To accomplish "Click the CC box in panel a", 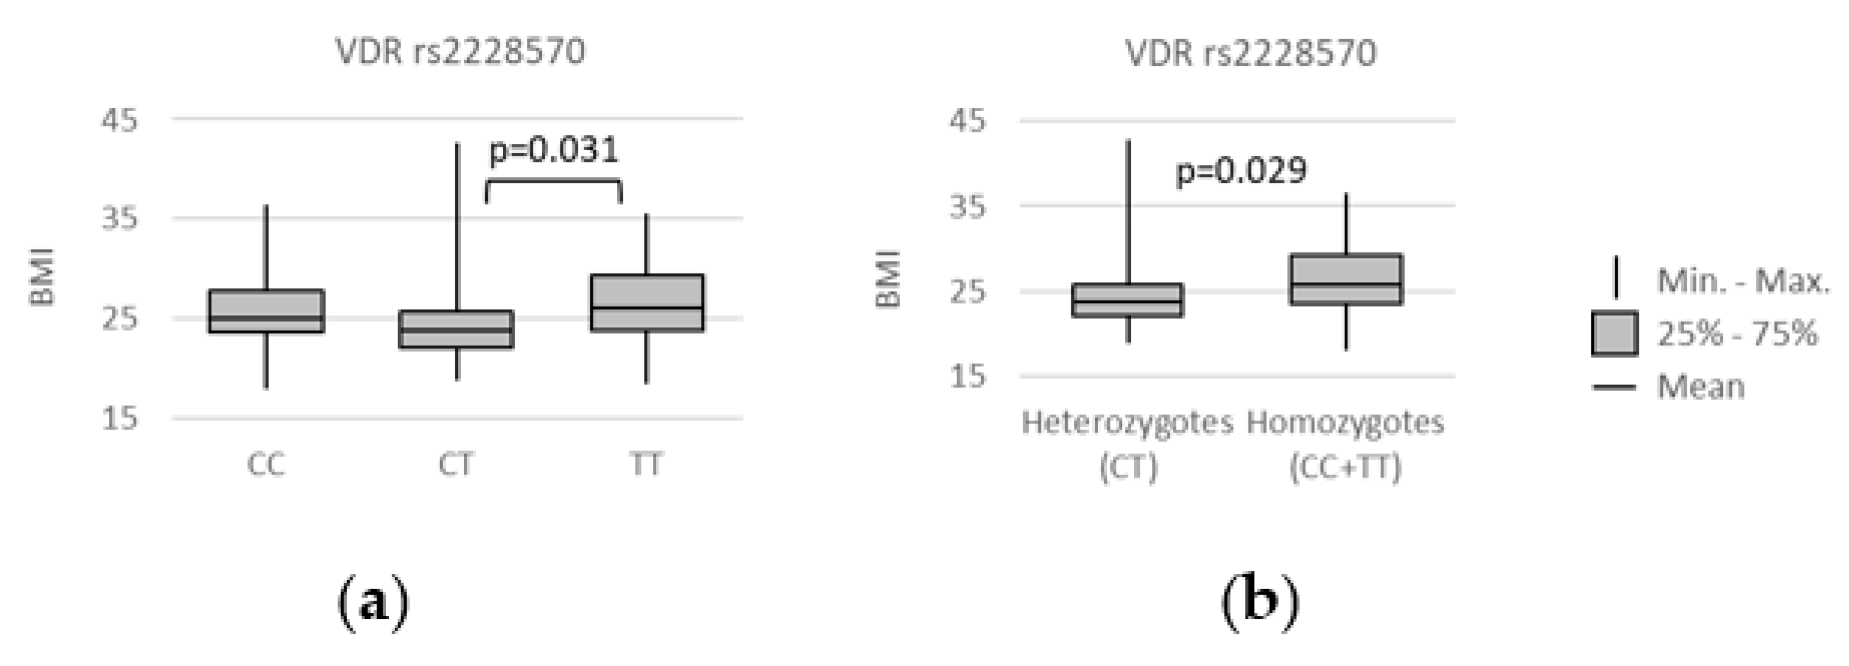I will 266,311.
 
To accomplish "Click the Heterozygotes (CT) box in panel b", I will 1127,300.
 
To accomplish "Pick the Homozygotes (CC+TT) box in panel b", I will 1346,279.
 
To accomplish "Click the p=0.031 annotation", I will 554,150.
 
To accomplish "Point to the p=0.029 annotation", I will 1241,172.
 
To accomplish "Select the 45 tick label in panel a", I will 119,120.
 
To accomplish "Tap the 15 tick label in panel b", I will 968,376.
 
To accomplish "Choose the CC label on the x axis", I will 266,465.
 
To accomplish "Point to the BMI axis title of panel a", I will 42,277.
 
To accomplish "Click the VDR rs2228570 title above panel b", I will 1250,53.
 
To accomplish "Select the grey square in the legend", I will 1614,333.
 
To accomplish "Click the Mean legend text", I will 1701,387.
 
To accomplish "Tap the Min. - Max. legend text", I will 1743,280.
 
